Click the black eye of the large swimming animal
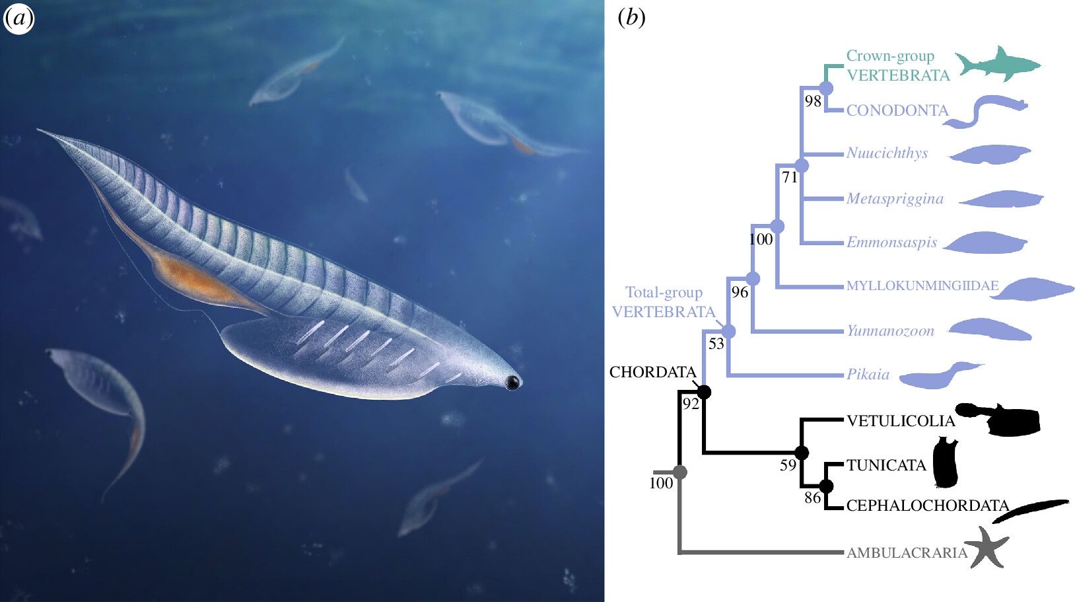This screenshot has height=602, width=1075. pyautogui.click(x=512, y=382)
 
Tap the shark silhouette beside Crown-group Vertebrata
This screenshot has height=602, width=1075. pyautogui.click(x=997, y=65)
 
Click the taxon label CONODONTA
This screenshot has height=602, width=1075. pyautogui.click(x=897, y=110)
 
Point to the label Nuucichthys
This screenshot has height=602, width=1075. pyautogui.click(x=887, y=153)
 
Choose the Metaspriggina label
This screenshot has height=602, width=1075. pyautogui.click(x=895, y=199)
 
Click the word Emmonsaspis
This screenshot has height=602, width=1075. pyautogui.click(x=891, y=243)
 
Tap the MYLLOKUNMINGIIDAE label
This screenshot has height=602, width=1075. pyautogui.click(x=922, y=286)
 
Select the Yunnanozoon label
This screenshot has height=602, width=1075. pyautogui.click(x=890, y=331)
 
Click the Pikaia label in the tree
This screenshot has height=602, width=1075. pyautogui.click(x=868, y=375)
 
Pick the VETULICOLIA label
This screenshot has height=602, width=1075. pyautogui.click(x=900, y=421)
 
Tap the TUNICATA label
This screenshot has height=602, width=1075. pyautogui.click(x=886, y=465)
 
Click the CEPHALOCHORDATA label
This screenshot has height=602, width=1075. pyautogui.click(x=927, y=506)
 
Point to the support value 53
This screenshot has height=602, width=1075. pyautogui.click(x=716, y=344)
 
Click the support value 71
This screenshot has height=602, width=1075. pyautogui.click(x=790, y=177)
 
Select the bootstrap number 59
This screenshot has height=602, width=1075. pyautogui.click(x=788, y=465)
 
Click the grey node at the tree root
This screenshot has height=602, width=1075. pyautogui.click(x=679, y=472)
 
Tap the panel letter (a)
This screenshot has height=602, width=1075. pyautogui.click(x=18, y=19)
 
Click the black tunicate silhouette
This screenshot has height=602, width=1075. pyautogui.click(x=946, y=463)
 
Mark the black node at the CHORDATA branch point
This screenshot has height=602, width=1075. pyautogui.click(x=704, y=392)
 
